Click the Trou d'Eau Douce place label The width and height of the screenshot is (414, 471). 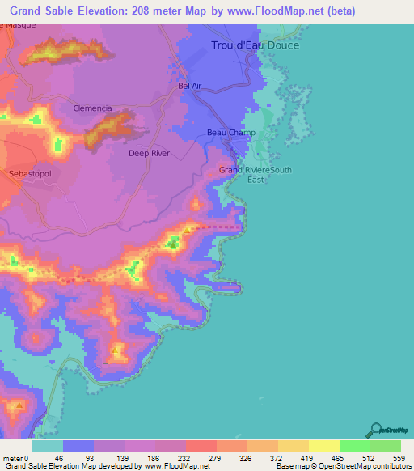pyautogui.click(x=255, y=45)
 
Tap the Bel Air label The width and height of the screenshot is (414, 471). pyautogui.click(x=189, y=84)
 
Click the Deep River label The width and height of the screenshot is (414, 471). pyautogui.click(x=150, y=152)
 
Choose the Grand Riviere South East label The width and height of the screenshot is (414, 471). pyautogui.click(x=256, y=175)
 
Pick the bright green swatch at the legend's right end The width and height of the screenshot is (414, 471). pyautogui.click(x=386, y=446)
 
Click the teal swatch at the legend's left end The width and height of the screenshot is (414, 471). pyautogui.click(x=48, y=446)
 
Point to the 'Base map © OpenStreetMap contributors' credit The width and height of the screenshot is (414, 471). pyautogui.click(x=343, y=465)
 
